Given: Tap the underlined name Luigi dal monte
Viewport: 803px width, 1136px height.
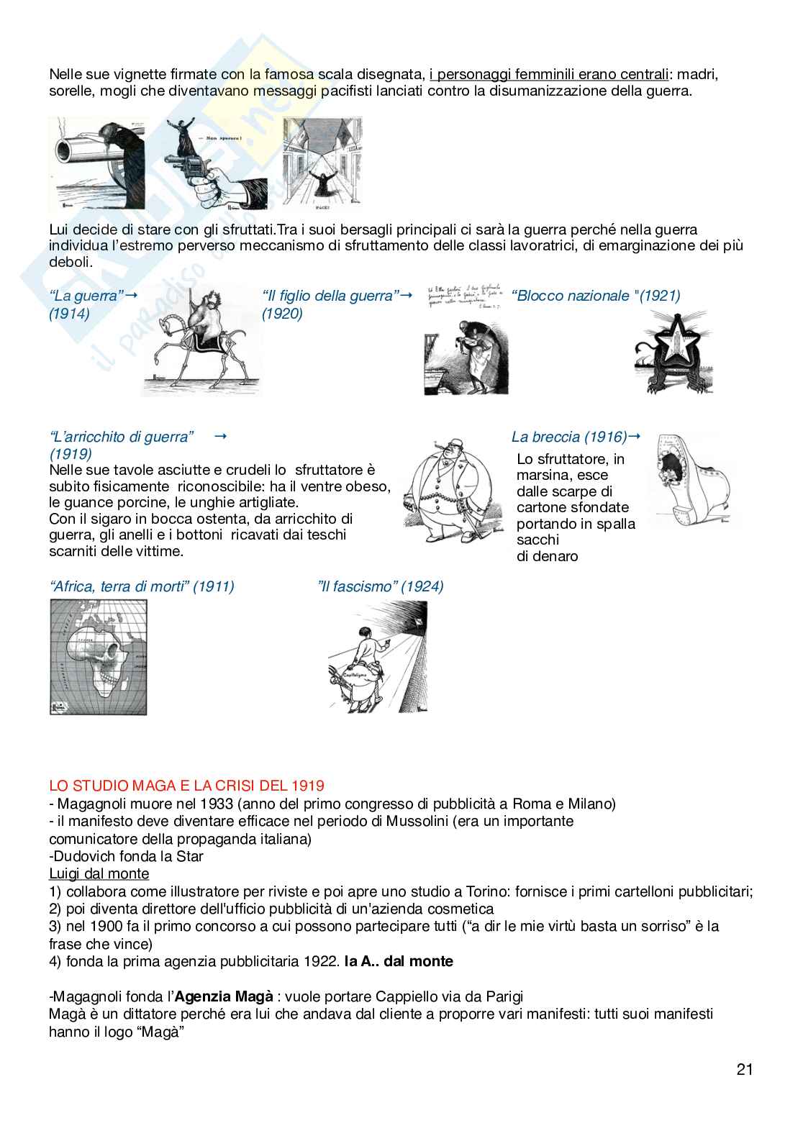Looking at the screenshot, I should tap(99, 873).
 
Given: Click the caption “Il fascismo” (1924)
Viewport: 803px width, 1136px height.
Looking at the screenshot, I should tap(380, 586).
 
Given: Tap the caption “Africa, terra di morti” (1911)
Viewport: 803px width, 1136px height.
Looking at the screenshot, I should tap(142, 586).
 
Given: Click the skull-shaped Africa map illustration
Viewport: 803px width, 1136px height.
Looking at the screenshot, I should tap(98, 657).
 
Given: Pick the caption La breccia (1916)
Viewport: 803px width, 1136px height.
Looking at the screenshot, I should tap(568, 437).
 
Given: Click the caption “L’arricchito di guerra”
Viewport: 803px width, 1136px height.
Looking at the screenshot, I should tap(122, 437).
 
